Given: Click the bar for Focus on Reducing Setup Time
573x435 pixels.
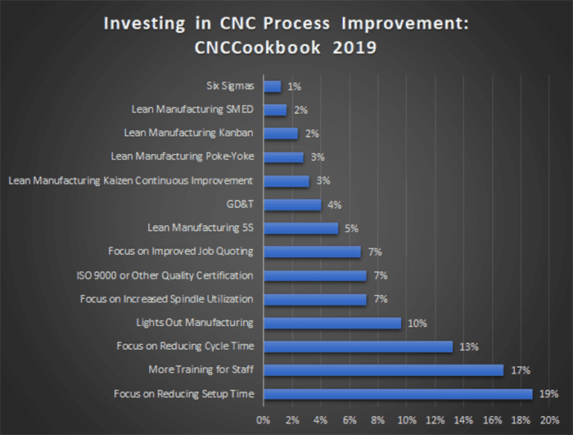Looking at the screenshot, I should point(398,394).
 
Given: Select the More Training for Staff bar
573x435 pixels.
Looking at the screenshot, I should point(383,370).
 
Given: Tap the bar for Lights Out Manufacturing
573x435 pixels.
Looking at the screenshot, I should point(332,323).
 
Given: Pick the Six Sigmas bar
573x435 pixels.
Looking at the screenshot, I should point(272,85).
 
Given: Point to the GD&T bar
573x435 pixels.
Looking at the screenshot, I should point(292,204).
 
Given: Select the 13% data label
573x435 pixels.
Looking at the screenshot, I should point(468,347).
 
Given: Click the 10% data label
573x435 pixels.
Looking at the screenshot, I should point(417,323).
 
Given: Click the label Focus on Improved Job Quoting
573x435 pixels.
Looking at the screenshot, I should point(180,251).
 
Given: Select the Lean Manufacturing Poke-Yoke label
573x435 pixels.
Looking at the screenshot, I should point(182,156).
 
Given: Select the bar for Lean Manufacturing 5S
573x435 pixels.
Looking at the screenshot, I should point(300,228).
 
